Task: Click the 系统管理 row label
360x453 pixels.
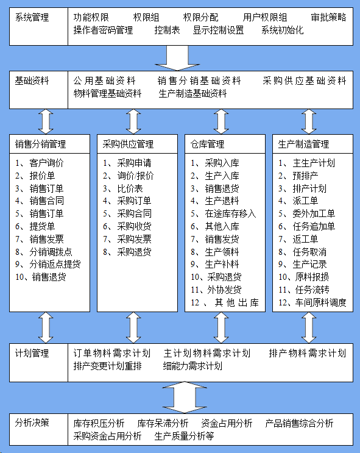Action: point(32,18)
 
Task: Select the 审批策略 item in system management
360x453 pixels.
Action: point(328,18)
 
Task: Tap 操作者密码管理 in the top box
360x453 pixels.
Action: point(103,30)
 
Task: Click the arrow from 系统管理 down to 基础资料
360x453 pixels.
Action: point(177,58)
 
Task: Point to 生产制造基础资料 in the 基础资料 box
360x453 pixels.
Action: point(192,94)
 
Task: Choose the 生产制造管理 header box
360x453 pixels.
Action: point(312,144)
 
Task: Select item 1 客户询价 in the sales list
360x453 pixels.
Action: point(40,163)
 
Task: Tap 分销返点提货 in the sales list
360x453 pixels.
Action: point(48,265)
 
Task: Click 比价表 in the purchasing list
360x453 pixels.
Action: point(122,188)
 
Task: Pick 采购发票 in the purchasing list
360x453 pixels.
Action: point(127,239)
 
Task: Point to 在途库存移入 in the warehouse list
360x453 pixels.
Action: point(223,214)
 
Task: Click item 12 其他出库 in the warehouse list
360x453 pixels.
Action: point(225,303)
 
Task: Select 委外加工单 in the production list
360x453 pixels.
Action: point(306,214)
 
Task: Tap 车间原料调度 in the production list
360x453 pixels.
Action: point(312,303)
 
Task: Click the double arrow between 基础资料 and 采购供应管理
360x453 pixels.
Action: point(133,121)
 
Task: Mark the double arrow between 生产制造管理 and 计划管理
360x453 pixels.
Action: point(309,327)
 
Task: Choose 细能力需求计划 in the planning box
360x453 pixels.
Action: point(192,366)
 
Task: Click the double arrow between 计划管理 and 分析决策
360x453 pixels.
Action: point(185,398)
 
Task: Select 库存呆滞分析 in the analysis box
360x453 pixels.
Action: point(163,423)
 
